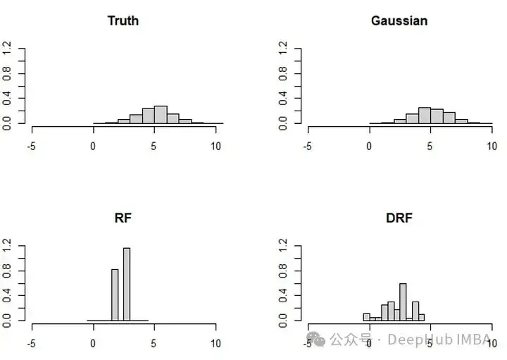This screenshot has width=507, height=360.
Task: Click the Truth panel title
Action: [123, 20]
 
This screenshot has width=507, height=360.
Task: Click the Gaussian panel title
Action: [399, 20]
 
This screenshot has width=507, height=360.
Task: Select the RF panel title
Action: [123, 218]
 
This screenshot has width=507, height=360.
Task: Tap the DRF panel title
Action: [399, 218]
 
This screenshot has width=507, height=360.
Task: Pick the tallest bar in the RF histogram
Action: [127, 284]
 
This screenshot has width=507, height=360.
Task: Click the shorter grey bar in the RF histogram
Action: [115, 294]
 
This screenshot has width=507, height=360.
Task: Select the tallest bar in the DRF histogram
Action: [403, 302]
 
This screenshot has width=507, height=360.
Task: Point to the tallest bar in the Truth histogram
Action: [161, 115]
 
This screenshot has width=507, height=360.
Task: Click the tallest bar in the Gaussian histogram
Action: [424, 116]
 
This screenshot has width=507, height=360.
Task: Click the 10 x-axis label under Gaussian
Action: [492, 147]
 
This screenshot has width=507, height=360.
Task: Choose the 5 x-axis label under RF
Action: [154, 344]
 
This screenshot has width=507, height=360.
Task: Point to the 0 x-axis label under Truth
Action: [93, 147]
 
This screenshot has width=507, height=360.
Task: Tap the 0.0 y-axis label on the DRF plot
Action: [284, 321]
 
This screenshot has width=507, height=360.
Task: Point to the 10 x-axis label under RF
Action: [215, 344]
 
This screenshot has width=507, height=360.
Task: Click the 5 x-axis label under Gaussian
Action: [430, 147]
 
